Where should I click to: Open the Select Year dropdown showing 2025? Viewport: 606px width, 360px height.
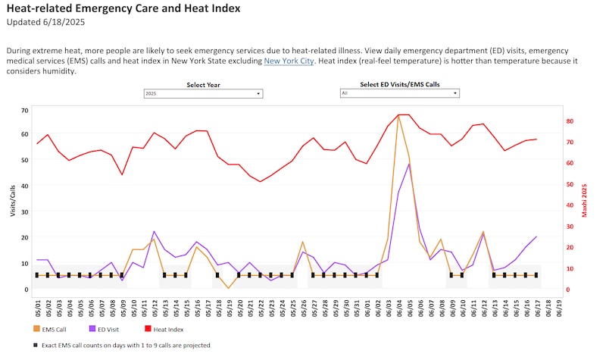pos(203,93)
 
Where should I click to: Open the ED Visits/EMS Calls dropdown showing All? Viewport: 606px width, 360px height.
pos(399,93)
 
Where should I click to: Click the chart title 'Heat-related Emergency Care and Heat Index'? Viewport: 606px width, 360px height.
pos(123,9)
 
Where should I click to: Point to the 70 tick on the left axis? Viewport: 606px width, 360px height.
pos(25,111)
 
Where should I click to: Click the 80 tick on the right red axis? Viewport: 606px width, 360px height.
pos(569,121)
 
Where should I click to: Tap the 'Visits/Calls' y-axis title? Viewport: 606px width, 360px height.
pos(13,202)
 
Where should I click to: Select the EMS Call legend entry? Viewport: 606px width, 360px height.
pos(53,329)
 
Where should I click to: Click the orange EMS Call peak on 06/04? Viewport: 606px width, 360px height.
pos(398,115)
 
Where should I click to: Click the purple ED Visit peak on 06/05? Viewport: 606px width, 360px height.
pos(409,164)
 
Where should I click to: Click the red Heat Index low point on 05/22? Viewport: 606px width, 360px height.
pos(260,182)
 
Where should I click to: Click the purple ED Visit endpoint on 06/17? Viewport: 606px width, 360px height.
pos(536,236)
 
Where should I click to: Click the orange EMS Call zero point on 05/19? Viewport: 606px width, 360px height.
pos(228,288)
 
